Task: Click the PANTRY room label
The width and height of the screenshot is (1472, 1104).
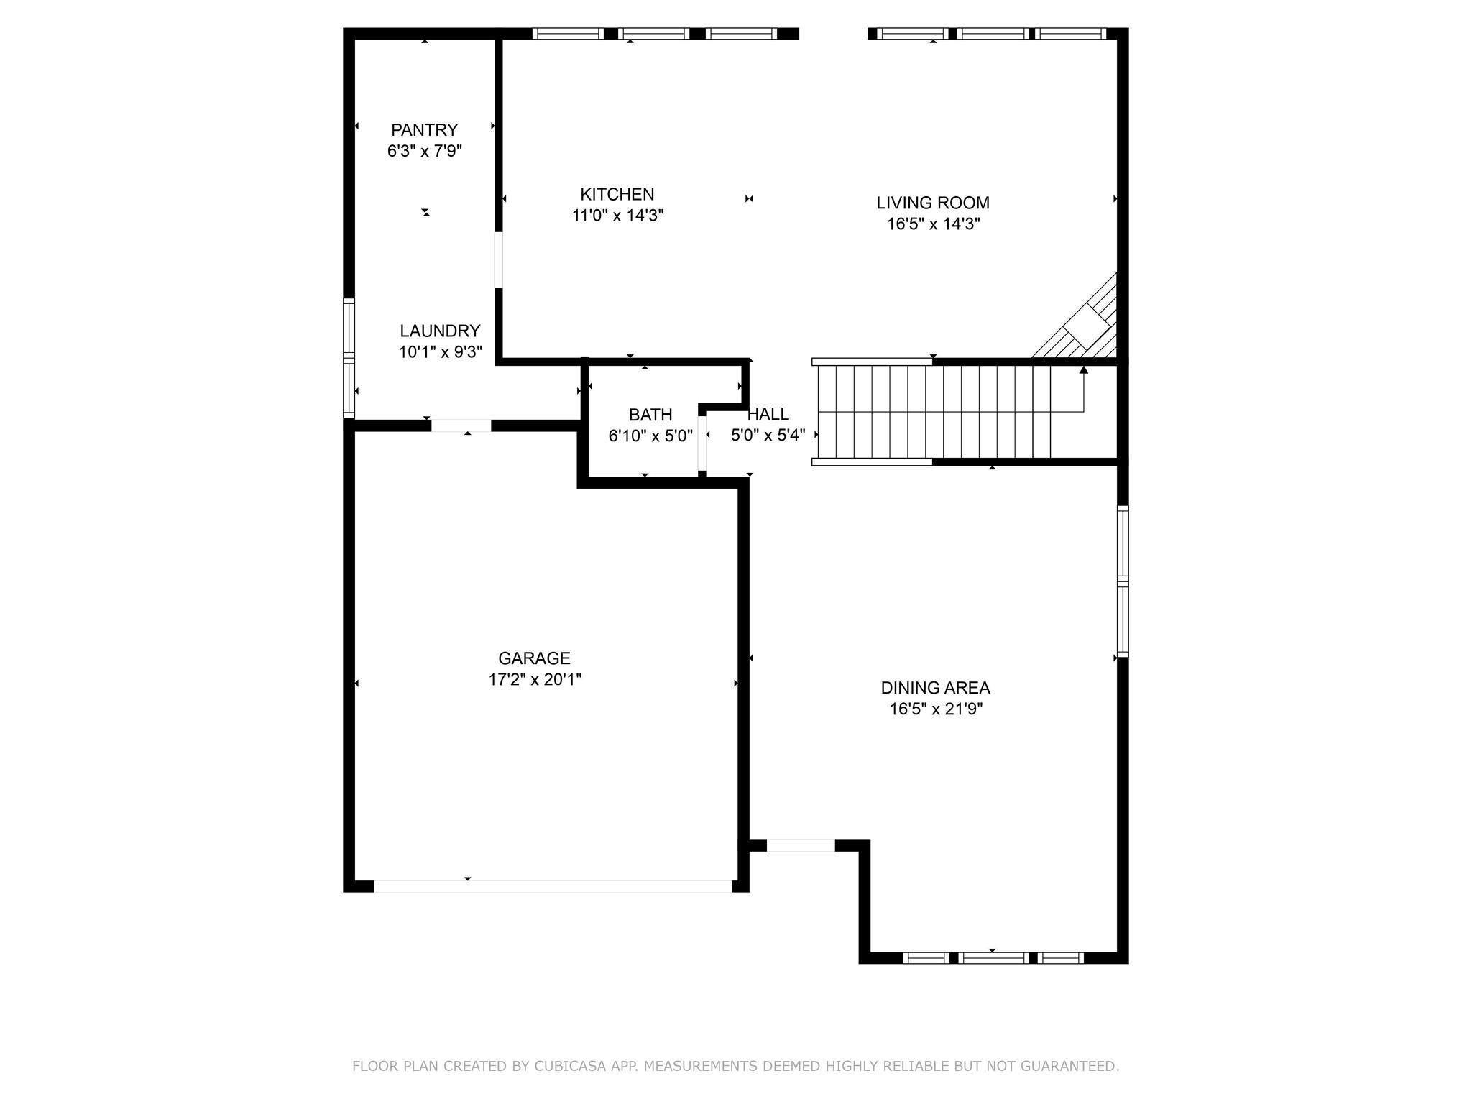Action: click(424, 130)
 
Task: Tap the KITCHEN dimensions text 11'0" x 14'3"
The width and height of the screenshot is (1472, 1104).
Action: click(617, 216)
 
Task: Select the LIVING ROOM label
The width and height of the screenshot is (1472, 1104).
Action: click(932, 203)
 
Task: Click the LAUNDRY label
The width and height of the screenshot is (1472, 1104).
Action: click(440, 331)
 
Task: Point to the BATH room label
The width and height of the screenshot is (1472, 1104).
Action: click(650, 415)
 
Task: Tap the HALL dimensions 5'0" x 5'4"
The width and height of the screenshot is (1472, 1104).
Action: click(768, 436)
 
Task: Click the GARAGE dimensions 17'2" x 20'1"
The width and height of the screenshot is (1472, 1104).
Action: click(535, 679)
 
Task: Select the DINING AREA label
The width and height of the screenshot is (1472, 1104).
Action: click(935, 688)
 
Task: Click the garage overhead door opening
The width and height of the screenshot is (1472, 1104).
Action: click(552, 886)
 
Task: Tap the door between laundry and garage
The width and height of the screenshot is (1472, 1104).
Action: click(461, 425)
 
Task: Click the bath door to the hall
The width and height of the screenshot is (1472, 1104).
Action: click(702, 442)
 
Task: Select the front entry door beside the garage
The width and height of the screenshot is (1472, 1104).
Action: click(801, 845)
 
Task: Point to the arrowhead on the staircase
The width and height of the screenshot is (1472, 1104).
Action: click(1084, 369)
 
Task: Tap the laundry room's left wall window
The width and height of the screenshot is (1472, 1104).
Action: click(349, 357)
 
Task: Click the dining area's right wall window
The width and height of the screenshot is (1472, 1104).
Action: click(1123, 581)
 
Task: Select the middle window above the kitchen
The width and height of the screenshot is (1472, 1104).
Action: click(654, 33)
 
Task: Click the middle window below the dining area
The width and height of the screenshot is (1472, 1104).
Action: click(994, 957)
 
